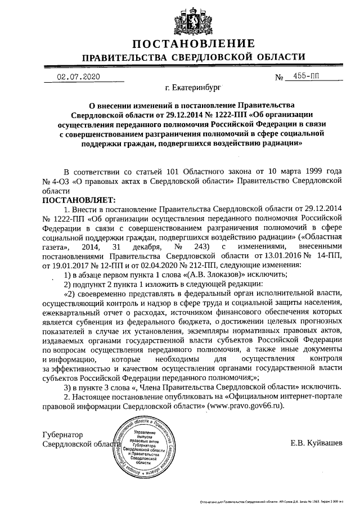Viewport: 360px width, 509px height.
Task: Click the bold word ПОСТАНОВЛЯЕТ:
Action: (78, 200)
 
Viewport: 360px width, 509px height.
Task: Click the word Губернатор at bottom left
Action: (63, 434)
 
